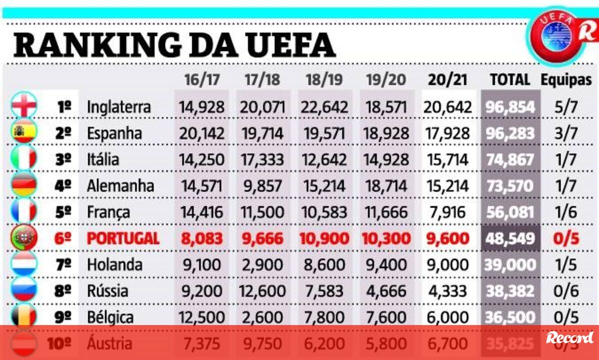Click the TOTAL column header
[510, 79]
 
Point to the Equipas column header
[566, 79]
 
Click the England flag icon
[24, 106]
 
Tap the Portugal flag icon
[24, 238]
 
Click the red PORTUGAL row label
[123, 238]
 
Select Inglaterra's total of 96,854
[510, 107]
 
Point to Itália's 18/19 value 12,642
[323, 160]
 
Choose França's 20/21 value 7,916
[447, 212]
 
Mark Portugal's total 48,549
[510, 238]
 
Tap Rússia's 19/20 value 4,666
[385, 291]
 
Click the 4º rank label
[63, 186]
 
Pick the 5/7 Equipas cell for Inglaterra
[566, 107]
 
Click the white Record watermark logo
[570, 338]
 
